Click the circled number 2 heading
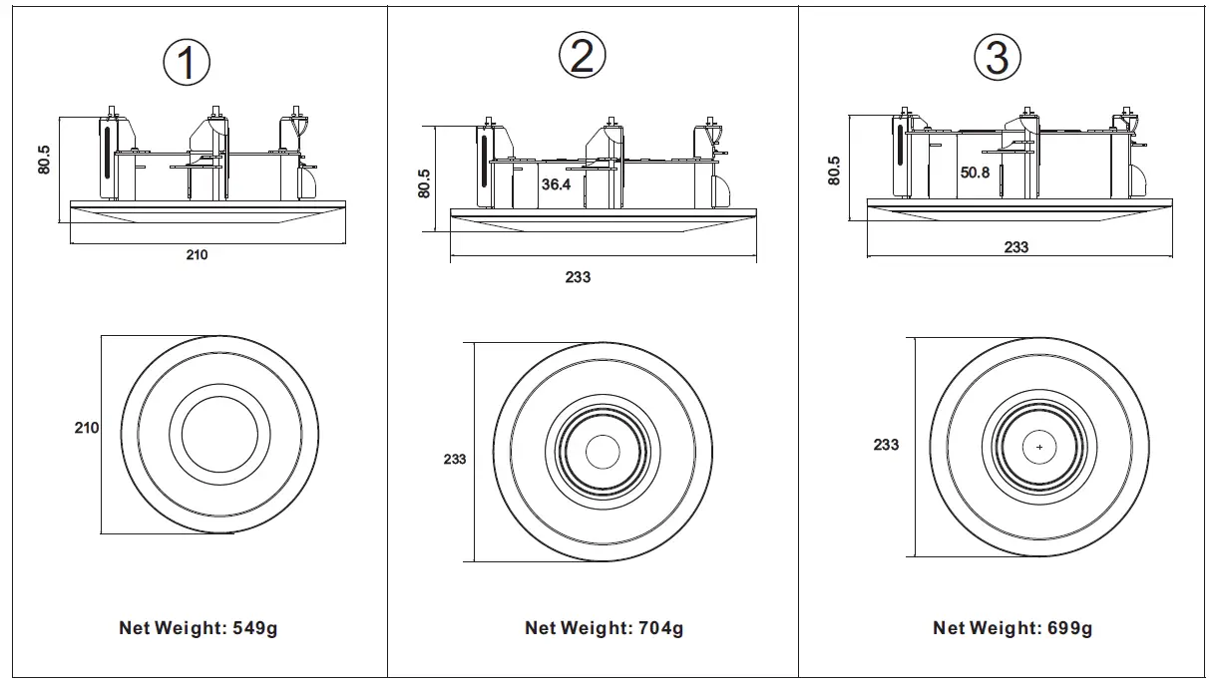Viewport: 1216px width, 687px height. (582, 56)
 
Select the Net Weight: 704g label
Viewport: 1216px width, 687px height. (605, 628)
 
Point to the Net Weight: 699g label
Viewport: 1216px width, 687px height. (1013, 628)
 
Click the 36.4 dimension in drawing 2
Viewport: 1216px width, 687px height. (557, 184)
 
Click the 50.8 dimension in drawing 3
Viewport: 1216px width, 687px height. (975, 172)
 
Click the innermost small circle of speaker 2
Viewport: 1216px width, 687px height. (603, 452)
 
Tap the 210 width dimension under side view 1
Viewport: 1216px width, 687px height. (197, 255)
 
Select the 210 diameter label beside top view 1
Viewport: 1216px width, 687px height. (87, 428)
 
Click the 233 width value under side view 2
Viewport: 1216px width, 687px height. (578, 277)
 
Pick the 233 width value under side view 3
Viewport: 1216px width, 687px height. (1015, 247)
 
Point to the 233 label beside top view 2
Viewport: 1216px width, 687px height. (455, 460)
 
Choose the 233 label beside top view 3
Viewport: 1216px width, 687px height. (886, 445)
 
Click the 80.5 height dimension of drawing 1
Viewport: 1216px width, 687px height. (45, 160)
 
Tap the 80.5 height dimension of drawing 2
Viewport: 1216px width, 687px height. (424, 182)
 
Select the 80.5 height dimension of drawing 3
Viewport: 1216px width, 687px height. (834, 170)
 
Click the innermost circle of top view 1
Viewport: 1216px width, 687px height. (219, 434)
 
